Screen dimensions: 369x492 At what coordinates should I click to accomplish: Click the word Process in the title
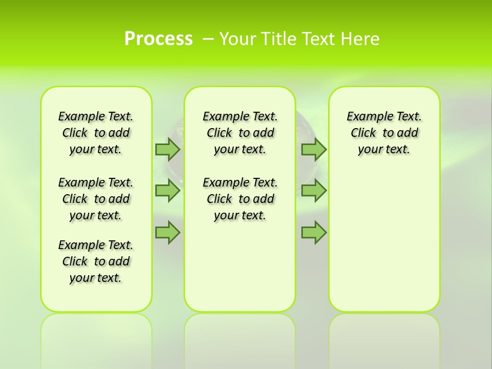[x=158, y=38]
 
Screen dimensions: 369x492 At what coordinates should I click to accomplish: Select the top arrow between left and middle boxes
[x=168, y=149]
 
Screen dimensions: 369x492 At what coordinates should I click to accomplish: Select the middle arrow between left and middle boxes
[x=168, y=191]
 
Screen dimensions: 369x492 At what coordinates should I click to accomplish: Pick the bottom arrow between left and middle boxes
[x=168, y=233]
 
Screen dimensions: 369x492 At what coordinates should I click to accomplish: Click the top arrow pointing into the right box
[x=314, y=149]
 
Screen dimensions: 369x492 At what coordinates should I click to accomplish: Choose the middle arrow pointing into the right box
[x=314, y=191]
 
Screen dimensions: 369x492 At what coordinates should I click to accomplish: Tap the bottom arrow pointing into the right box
[x=314, y=233]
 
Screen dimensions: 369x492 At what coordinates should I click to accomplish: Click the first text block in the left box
[x=96, y=133]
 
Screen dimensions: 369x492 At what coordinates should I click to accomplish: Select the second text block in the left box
[x=96, y=199]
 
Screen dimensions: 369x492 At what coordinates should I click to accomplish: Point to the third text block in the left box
[x=96, y=261]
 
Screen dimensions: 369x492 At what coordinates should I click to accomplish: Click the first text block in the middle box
[x=240, y=133]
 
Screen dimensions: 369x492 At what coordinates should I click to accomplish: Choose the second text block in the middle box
[x=240, y=199]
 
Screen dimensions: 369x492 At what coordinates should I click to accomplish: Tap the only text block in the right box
[x=384, y=133]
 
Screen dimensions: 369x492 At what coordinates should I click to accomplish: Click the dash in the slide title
[x=209, y=38]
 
